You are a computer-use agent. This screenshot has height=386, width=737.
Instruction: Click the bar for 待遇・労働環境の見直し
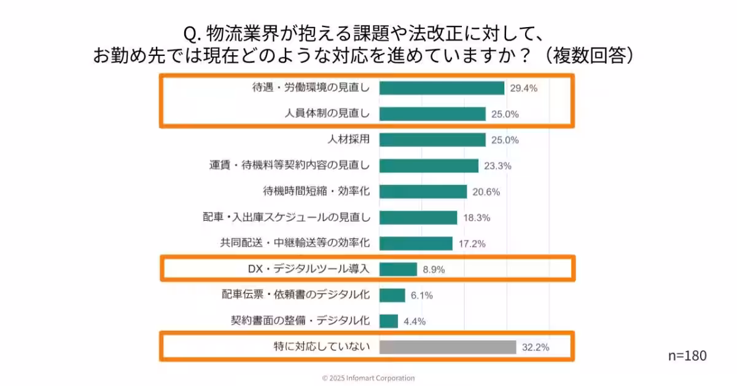point(442,88)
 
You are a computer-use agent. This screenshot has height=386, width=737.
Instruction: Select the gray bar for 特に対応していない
point(448,347)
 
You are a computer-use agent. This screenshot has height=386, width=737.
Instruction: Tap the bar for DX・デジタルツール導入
point(398,269)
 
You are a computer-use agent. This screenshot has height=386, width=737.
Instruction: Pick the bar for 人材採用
point(432,140)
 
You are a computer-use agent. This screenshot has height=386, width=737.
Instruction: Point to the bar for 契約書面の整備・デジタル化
point(389,321)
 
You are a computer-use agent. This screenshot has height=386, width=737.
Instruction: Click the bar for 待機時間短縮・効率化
point(423,191)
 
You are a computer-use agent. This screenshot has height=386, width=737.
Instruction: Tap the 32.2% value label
point(535,347)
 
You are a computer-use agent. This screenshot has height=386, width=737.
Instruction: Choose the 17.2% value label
point(472,243)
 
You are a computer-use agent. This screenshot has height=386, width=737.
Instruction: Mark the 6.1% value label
point(422,295)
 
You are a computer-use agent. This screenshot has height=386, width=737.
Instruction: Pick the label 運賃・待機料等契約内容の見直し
point(289,165)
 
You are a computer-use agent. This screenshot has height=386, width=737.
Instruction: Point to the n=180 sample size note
point(687,355)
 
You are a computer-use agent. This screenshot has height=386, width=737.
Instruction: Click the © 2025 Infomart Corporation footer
point(368,378)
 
